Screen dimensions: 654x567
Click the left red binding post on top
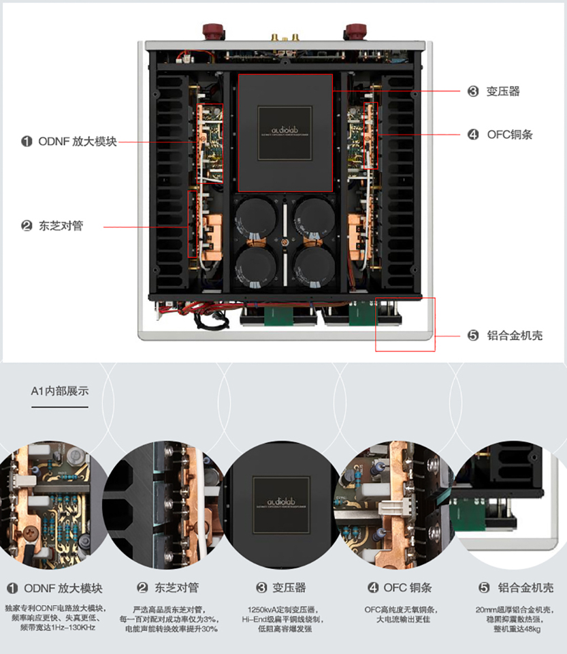(x=211, y=31)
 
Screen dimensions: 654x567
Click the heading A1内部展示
(x=59, y=391)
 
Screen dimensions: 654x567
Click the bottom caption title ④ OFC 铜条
(x=400, y=588)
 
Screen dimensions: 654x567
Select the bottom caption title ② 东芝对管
(x=167, y=588)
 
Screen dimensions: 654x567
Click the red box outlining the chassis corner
(x=405, y=324)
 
